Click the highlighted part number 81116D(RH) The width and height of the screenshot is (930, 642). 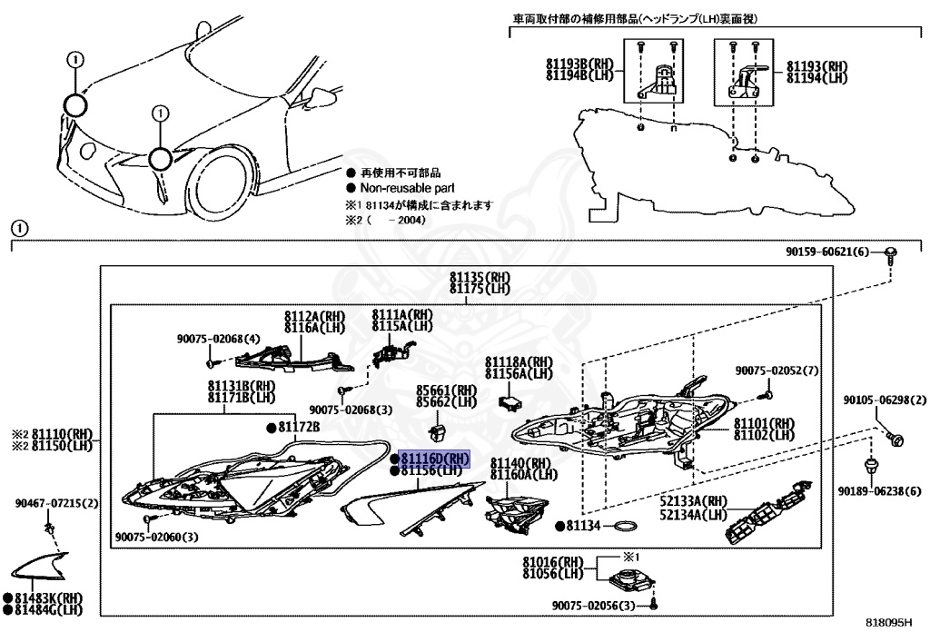[x=434, y=459]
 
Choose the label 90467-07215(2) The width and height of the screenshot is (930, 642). [x=56, y=503]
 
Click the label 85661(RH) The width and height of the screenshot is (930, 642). [x=446, y=388]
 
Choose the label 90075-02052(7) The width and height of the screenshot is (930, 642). [x=777, y=370]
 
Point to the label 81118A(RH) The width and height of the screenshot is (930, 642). [x=518, y=361]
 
